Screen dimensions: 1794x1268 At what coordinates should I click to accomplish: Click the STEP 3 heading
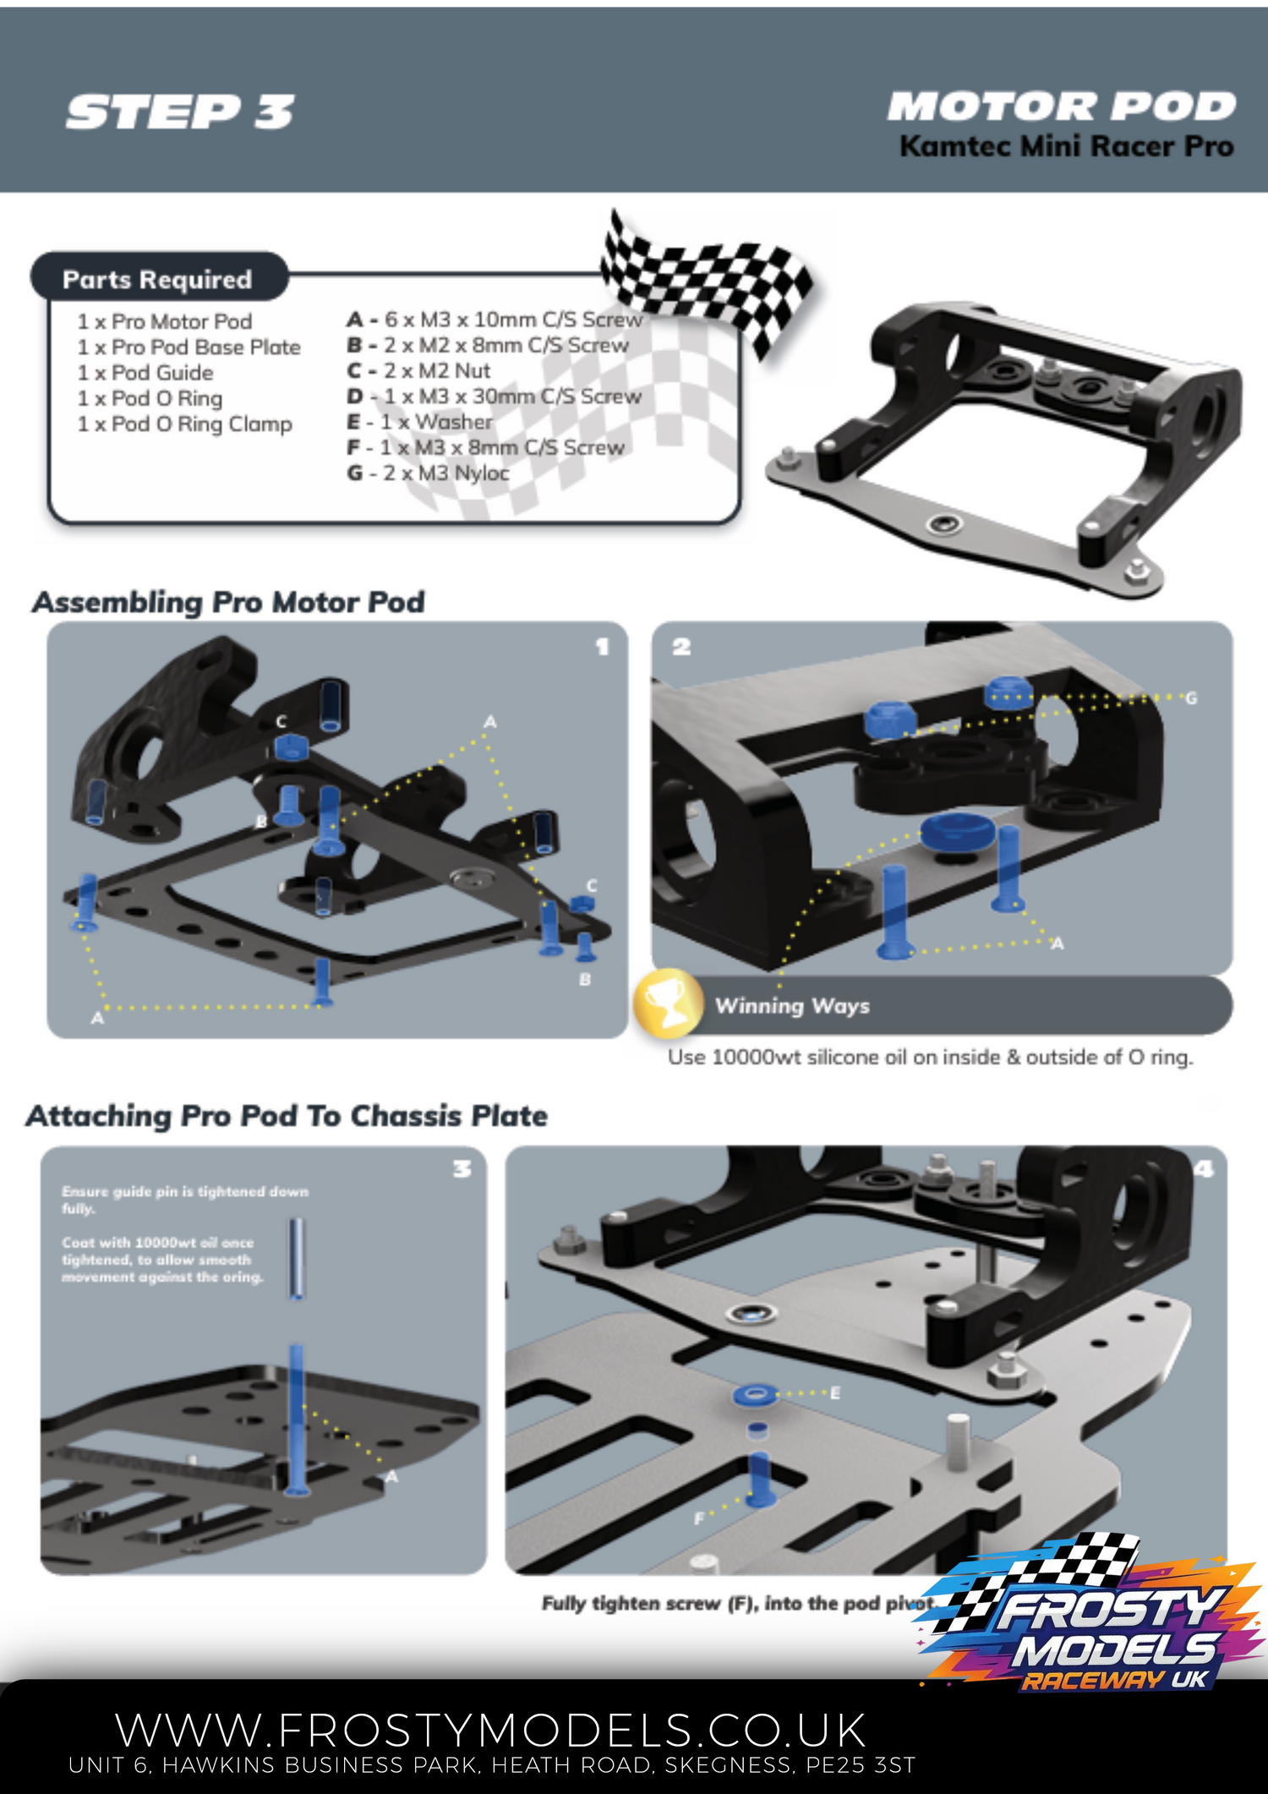tap(180, 112)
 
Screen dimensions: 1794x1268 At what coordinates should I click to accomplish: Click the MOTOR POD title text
tap(1062, 107)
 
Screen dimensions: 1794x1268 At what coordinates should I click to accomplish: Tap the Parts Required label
tap(157, 279)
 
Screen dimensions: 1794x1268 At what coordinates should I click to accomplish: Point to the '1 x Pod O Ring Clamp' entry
tap(184, 424)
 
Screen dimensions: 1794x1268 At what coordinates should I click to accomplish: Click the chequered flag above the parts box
tap(706, 279)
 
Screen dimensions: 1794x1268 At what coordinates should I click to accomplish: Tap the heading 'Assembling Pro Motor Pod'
tap(228, 602)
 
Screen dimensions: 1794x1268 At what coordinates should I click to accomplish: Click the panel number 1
tap(602, 648)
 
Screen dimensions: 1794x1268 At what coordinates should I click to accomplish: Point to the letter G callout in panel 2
tap(1191, 698)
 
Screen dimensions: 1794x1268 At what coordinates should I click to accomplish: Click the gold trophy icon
tap(669, 1004)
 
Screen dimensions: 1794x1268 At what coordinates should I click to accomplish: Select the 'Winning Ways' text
tap(792, 1006)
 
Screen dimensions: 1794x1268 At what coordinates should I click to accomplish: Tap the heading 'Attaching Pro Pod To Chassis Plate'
tap(287, 1116)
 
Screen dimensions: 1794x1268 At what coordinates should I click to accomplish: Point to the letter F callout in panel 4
tap(698, 1518)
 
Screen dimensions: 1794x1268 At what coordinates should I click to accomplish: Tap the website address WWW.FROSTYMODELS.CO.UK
tap(490, 1730)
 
